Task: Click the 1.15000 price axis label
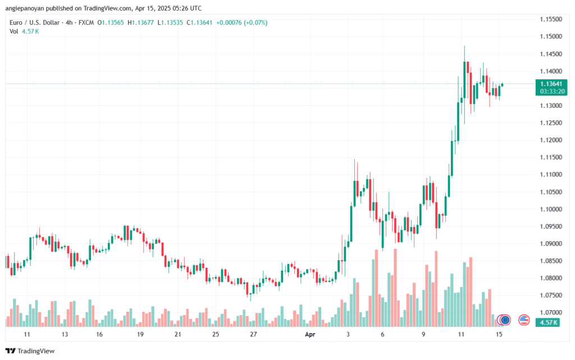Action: click(x=551, y=37)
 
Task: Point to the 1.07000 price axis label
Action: click(x=551, y=312)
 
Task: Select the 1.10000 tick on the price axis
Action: click(x=551, y=209)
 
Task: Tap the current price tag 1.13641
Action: click(x=551, y=84)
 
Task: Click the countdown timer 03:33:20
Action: click(x=551, y=90)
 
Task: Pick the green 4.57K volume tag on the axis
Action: click(x=547, y=322)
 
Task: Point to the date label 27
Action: click(x=253, y=334)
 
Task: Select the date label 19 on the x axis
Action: click(x=140, y=334)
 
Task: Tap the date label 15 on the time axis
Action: click(x=498, y=334)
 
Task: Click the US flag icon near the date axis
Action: click(x=524, y=320)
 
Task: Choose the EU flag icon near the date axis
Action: click(x=505, y=320)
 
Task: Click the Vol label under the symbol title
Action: click(x=13, y=31)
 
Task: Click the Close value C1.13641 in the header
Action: click(x=204, y=22)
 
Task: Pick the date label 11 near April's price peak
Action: click(x=461, y=334)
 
